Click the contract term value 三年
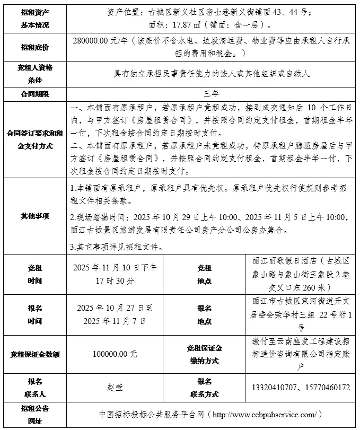tap(211, 94)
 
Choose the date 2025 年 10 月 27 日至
tap(115, 308)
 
